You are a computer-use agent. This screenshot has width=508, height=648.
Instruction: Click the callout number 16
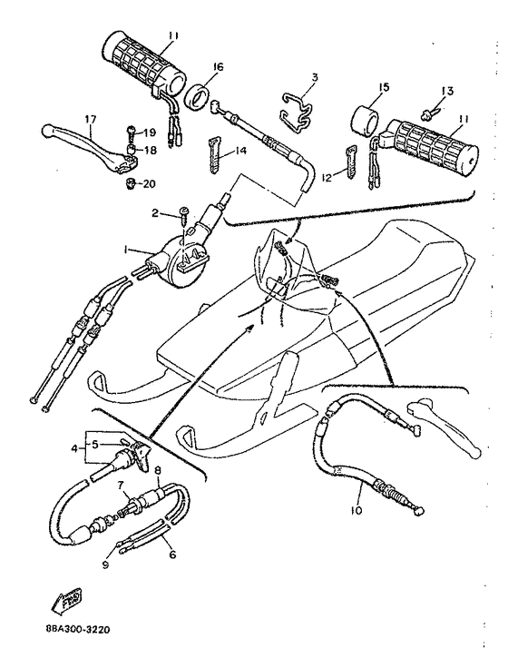click(x=218, y=66)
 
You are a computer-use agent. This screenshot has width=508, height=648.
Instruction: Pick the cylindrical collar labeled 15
click(x=369, y=119)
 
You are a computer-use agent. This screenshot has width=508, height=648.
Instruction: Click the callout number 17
click(x=90, y=119)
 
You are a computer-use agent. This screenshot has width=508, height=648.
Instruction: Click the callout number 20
click(x=149, y=183)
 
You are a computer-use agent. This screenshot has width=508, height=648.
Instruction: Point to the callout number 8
click(x=157, y=470)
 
